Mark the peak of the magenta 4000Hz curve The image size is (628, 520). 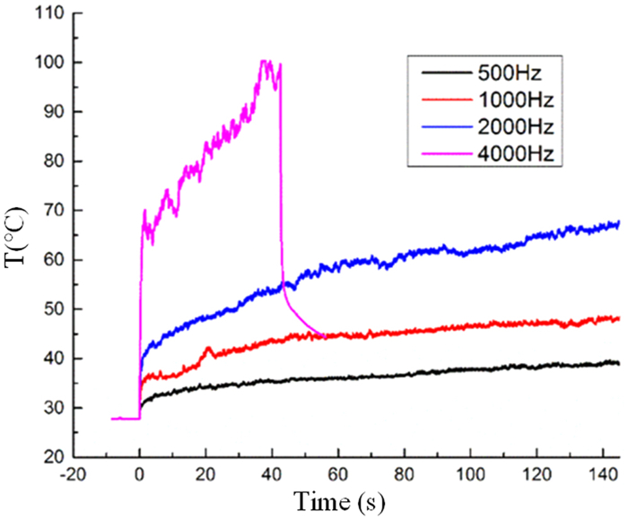click(x=264, y=61)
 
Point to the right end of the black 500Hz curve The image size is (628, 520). click(x=618, y=362)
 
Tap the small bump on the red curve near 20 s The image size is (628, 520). click(x=208, y=348)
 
